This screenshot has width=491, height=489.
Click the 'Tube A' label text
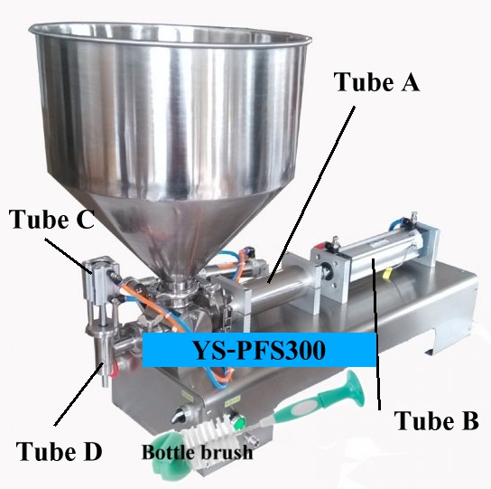click(376, 82)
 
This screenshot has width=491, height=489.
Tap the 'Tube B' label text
click(436, 420)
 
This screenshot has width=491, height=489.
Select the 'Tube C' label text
click(52, 219)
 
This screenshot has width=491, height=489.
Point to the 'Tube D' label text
click(60, 451)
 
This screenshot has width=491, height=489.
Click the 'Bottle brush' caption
click(198, 452)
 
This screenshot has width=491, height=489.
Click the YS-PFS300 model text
click(260, 350)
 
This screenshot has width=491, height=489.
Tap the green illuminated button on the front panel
click(240, 423)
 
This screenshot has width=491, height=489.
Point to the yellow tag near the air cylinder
click(387, 274)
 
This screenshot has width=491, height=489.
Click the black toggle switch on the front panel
click(179, 414)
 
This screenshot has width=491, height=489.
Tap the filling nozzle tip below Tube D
click(106, 381)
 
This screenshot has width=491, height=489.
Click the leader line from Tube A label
click(311, 194)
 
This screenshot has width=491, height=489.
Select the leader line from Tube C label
click(68, 256)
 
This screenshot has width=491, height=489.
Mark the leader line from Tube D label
click(79, 394)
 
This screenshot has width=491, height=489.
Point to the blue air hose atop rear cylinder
click(398, 223)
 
